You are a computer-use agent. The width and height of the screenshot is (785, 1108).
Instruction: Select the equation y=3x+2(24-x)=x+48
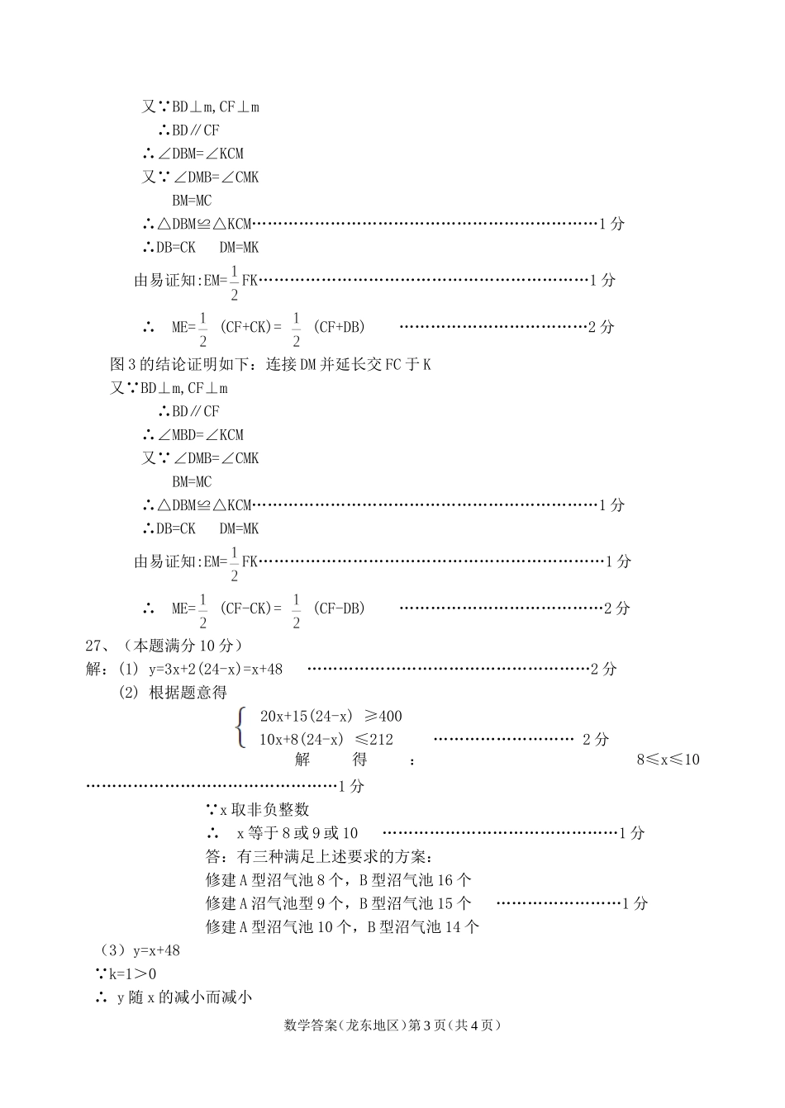point(216,670)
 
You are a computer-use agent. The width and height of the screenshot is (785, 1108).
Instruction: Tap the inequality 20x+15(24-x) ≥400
point(331,716)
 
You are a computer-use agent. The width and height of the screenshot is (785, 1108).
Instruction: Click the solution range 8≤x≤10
point(668,760)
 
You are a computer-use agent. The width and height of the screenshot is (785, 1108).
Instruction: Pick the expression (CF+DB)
point(339,327)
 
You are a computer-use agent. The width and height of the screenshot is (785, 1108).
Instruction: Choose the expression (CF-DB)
point(339,608)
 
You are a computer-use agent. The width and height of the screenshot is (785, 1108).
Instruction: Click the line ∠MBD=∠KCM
point(201,434)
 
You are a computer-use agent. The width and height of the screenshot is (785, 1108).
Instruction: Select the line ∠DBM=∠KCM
point(201,154)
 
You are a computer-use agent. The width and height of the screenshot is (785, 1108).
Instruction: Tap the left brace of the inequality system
point(241,727)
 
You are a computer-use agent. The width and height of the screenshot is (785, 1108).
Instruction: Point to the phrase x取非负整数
point(264,810)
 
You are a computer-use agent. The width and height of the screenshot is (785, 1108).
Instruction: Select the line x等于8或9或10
point(297,833)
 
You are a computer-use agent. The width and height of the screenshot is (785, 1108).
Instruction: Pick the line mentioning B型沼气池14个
point(342,926)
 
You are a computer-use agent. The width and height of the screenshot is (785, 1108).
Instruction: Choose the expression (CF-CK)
point(246,608)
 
